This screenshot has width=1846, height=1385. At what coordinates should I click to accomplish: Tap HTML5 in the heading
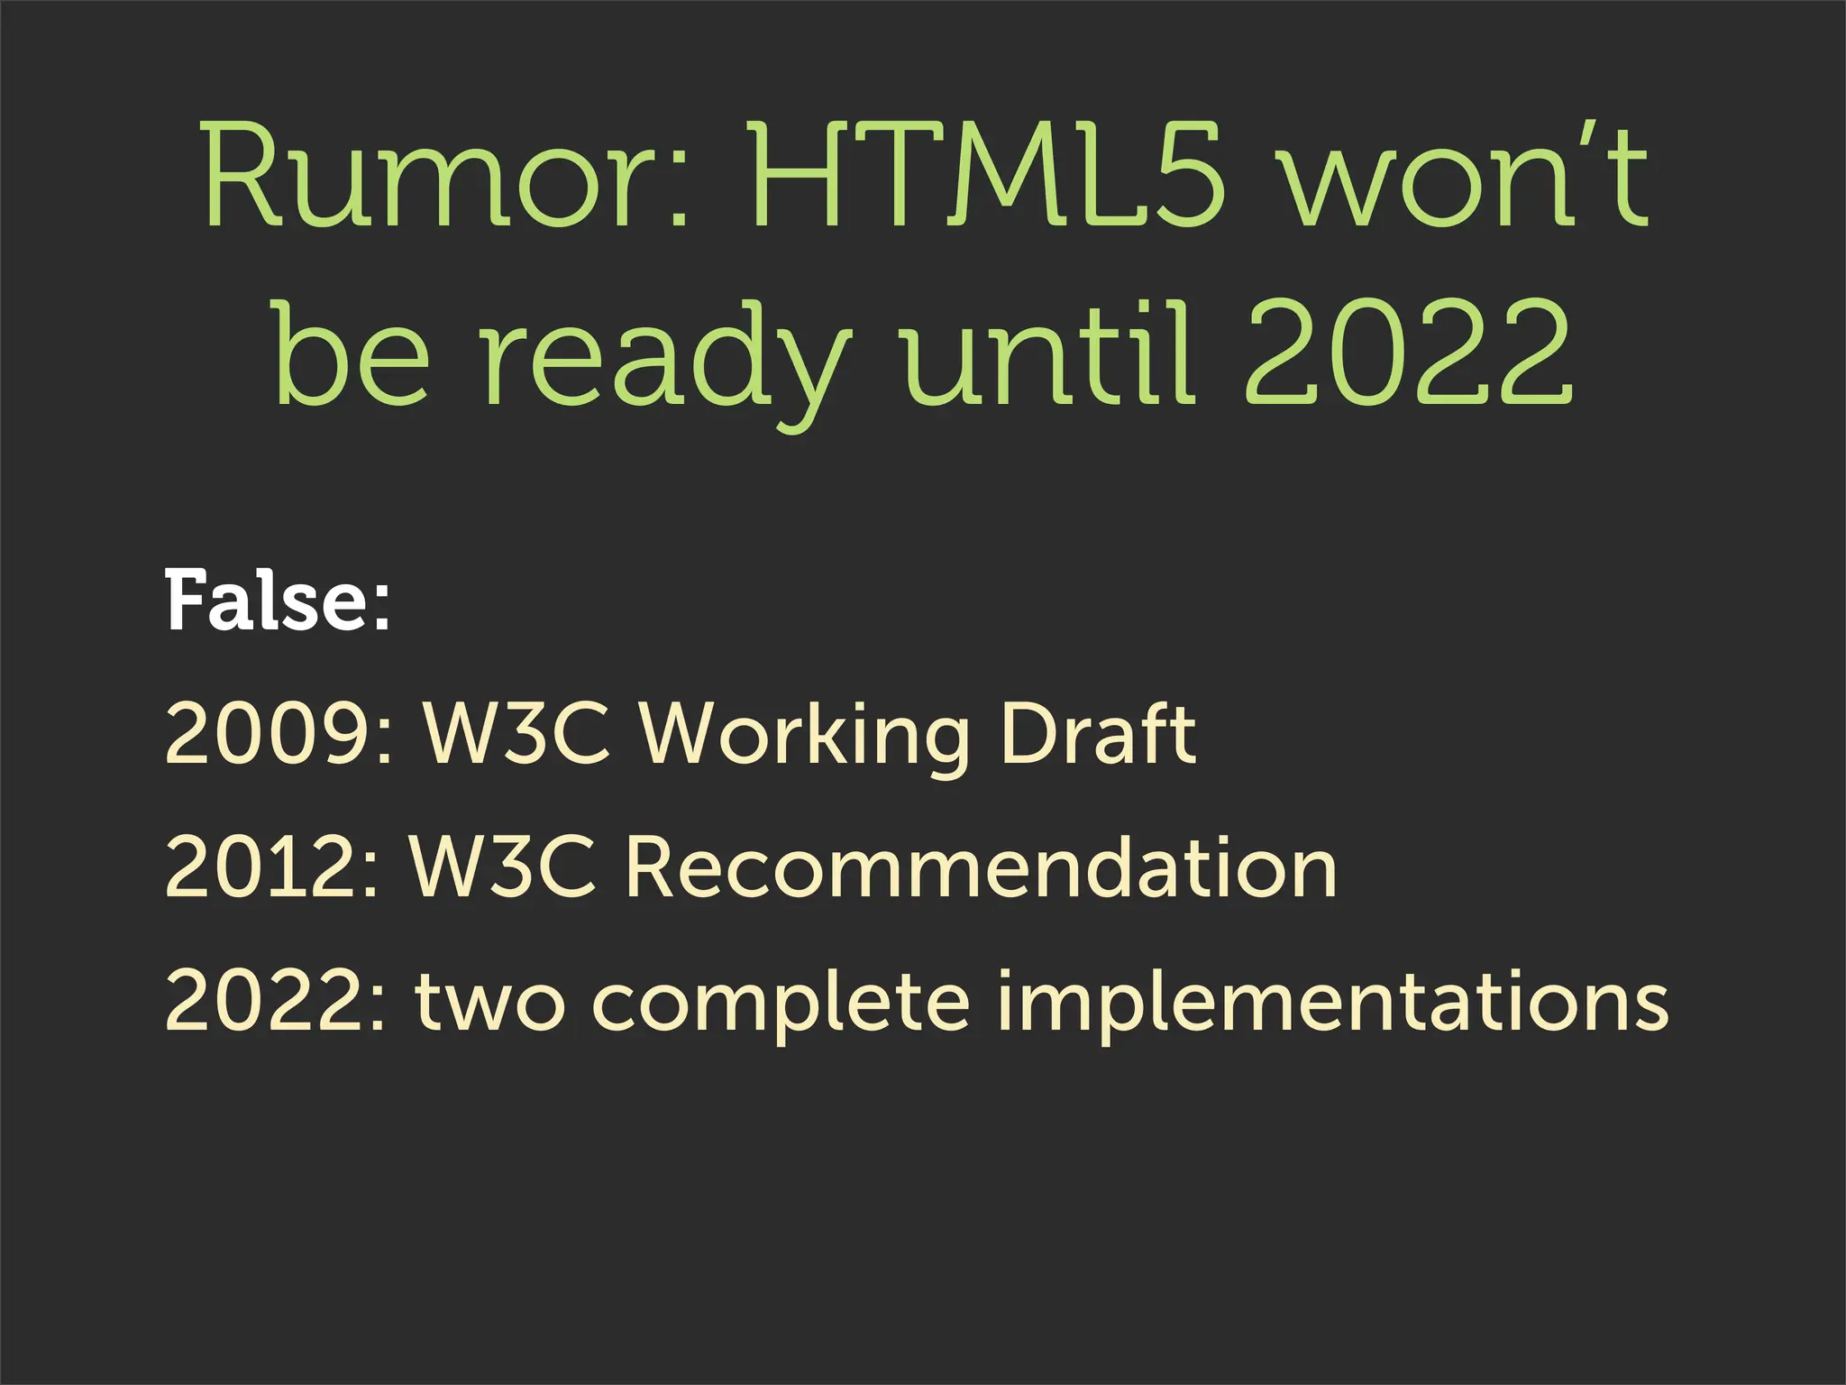tap(986, 176)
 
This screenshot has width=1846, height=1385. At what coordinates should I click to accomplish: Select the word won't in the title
tap(1466, 176)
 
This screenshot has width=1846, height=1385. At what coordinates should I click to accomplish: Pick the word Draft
tap(1097, 734)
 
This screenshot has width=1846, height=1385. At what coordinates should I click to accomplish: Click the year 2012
tap(261, 867)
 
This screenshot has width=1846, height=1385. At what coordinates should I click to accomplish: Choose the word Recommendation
tap(981, 867)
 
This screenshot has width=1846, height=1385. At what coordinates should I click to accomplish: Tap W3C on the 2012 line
tap(503, 867)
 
